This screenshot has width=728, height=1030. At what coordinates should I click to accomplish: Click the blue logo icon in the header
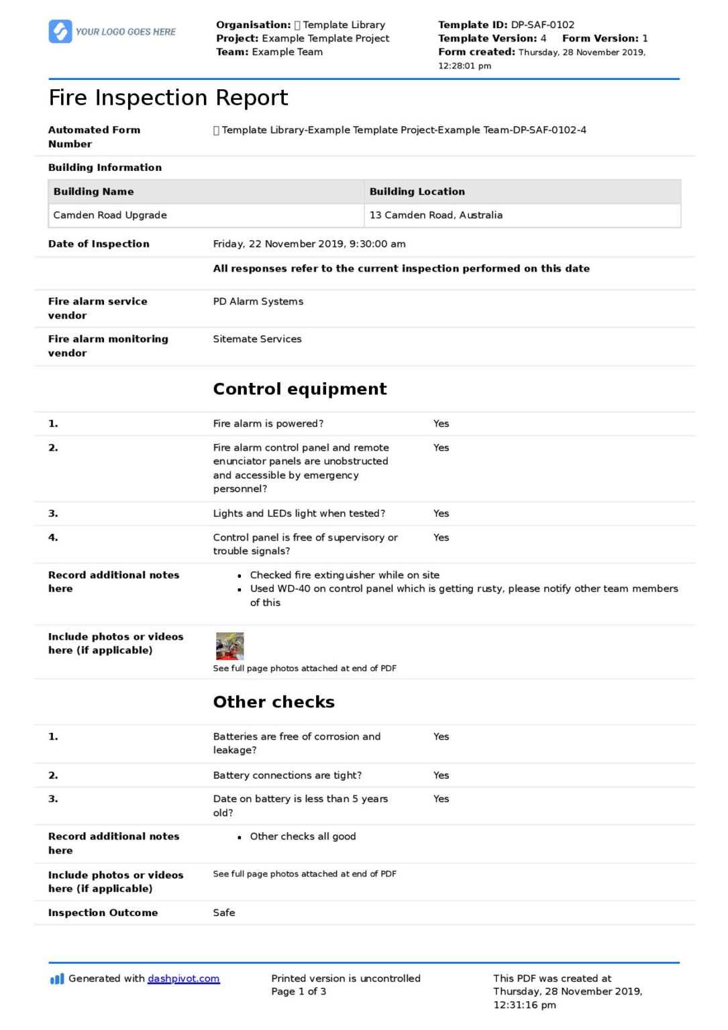tap(60, 32)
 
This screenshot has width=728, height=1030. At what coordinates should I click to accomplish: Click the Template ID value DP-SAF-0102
tap(542, 25)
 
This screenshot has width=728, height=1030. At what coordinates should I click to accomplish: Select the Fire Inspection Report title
tap(168, 98)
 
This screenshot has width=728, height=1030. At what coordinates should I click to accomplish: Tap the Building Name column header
tap(93, 192)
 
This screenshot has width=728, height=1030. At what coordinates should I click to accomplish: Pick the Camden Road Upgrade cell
tap(110, 215)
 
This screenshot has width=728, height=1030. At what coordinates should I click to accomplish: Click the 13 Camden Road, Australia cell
tap(435, 215)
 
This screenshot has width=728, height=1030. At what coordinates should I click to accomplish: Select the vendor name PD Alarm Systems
tap(258, 302)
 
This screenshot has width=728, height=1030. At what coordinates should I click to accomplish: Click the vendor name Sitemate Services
tap(257, 339)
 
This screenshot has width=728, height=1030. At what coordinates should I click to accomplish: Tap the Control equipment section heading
tap(299, 389)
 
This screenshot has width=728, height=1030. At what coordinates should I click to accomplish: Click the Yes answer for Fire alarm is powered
tap(441, 424)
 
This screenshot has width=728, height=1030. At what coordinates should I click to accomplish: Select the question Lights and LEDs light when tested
tap(299, 514)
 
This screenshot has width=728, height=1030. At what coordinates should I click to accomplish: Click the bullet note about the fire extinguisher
tap(344, 575)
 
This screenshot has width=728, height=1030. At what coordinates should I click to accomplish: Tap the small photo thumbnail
tap(229, 646)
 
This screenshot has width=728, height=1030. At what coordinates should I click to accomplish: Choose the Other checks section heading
tap(273, 702)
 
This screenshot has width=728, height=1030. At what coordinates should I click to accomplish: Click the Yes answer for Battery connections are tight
tap(441, 775)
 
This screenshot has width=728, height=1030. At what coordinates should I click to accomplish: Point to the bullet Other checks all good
tap(303, 837)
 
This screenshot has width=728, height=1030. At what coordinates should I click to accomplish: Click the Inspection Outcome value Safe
tap(224, 913)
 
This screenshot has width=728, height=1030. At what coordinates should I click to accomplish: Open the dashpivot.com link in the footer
tap(183, 978)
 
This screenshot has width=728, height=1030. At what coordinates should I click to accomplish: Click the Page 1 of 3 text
tap(299, 992)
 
